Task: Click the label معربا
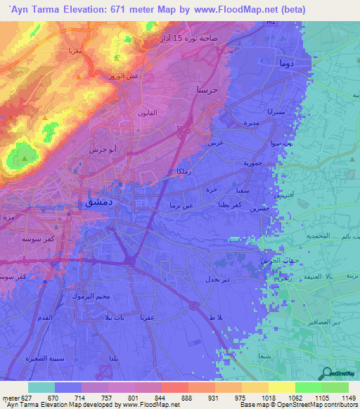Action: click(x=74, y=51)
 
